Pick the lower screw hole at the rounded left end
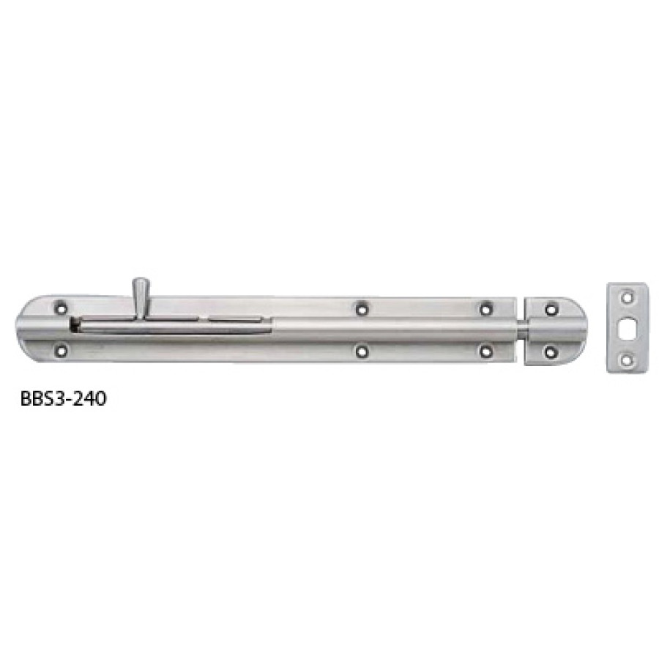61,350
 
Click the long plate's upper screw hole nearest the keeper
484,308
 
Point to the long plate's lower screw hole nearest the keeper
484,351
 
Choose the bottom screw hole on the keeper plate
548,353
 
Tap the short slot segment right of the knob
234,319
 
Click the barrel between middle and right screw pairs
421,330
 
